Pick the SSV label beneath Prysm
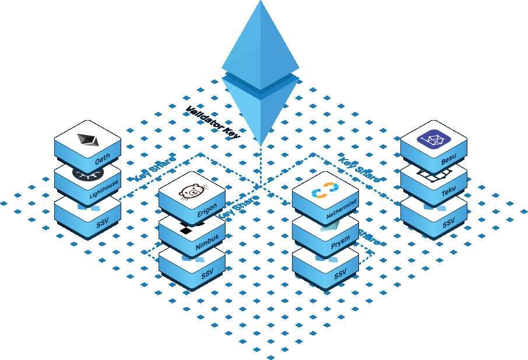click(x=340, y=275)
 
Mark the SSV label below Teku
click(x=449, y=223)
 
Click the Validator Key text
click(x=212, y=122)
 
